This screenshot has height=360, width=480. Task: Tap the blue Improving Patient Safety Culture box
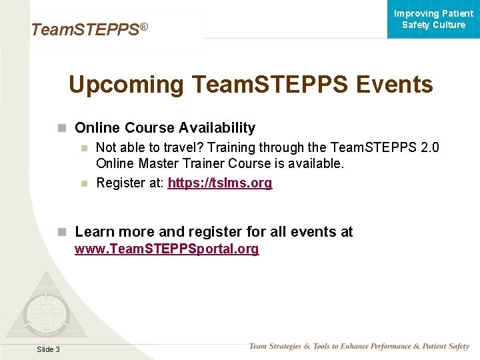[x=433, y=19]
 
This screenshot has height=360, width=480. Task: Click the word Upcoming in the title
[x=126, y=85]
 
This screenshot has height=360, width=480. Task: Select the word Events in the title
[x=395, y=85]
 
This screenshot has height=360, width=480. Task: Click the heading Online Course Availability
[x=165, y=127]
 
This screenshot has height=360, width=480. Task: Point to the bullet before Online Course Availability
[x=62, y=128]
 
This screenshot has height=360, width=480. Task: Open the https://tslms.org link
[x=220, y=183]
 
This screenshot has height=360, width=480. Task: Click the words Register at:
[x=130, y=183]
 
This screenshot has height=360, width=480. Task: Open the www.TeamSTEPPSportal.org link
[x=167, y=249]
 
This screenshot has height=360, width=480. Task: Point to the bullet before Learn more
[x=62, y=232]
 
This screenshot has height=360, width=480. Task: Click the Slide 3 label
[x=48, y=349]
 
